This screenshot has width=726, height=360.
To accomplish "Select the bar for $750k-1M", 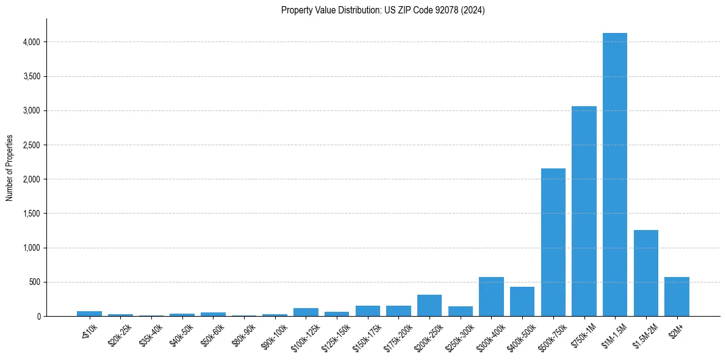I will coord(584,211).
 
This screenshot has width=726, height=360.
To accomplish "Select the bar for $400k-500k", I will coord(522,301).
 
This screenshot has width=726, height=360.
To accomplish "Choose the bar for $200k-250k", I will coord(429,306).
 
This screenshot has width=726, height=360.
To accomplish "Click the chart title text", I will coord(383,10).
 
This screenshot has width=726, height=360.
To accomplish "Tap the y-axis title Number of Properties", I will coord(10,167).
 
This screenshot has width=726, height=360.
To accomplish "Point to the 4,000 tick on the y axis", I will coord(32,42).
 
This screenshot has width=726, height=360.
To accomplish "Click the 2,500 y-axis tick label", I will coord(32,145).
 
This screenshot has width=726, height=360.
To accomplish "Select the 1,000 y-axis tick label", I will coord(32,248).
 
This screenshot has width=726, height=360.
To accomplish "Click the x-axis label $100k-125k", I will coord(304,335).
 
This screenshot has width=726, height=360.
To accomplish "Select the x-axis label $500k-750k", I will coord(550,335).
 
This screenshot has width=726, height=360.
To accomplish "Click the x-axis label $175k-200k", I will coord(396,335).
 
